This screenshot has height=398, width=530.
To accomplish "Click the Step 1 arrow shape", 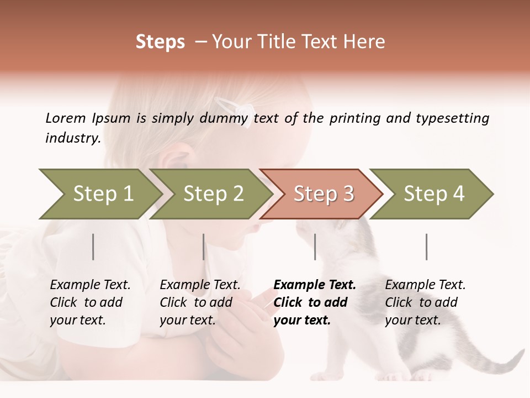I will pyautogui.click(x=102, y=194).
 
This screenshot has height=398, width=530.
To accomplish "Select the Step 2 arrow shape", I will pyautogui.click(x=212, y=194).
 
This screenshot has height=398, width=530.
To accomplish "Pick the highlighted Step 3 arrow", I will pyautogui.click(x=322, y=194).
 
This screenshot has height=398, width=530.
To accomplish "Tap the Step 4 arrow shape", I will pyautogui.click(x=433, y=194).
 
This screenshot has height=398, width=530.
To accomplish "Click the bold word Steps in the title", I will pyautogui.click(x=160, y=42).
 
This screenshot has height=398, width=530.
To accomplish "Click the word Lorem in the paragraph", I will pyautogui.click(x=65, y=118).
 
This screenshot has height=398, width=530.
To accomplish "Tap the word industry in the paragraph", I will pyautogui.click(x=72, y=138).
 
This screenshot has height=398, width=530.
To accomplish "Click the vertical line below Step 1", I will pyautogui.click(x=93, y=247).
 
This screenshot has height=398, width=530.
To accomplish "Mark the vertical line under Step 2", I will pyautogui.click(x=204, y=247).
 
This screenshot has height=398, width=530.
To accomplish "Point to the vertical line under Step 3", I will pyautogui.click(x=315, y=247).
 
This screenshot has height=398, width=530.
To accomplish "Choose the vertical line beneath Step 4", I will pyautogui.click(x=427, y=247).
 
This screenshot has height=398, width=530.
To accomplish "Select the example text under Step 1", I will pyautogui.click(x=90, y=302).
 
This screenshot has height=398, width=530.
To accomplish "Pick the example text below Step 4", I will pyautogui.click(x=425, y=302).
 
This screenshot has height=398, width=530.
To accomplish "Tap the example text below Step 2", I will pyautogui.click(x=200, y=302).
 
